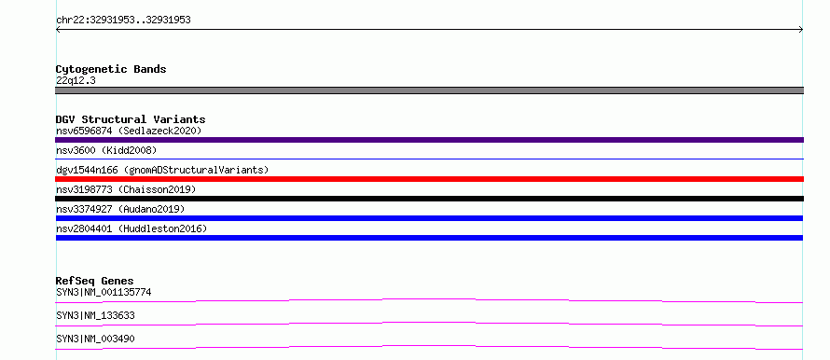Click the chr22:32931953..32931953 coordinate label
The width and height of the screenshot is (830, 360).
(123, 21)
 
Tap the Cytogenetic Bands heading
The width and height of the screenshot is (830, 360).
(111, 69)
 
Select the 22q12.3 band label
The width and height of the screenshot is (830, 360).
(76, 81)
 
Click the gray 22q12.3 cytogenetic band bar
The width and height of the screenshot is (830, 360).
(429, 90)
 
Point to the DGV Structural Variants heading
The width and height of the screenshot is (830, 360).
(131, 119)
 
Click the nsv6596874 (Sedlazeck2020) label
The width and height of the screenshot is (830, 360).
(129, 131)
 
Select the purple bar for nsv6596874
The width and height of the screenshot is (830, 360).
(429, 140)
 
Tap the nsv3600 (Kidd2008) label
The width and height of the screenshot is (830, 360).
(106, 150)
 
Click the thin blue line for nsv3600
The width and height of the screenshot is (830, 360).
(429, 159)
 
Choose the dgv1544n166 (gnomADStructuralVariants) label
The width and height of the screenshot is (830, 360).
(162, 170)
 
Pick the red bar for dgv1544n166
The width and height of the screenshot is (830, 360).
(429, 179)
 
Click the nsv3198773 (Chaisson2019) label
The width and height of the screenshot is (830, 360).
(126, 189)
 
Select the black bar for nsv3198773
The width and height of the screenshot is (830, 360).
(429, 199)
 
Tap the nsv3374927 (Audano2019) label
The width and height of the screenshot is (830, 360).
(120, 209)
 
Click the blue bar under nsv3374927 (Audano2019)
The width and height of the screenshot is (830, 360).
(429, 218)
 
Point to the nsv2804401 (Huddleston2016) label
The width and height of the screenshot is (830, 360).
(131, 228)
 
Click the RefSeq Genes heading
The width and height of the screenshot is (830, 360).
(95, 281)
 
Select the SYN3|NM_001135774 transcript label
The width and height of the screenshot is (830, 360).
(104, 292)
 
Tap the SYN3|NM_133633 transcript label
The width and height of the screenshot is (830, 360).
(95, 315)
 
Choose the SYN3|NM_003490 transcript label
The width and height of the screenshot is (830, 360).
(95, 339)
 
